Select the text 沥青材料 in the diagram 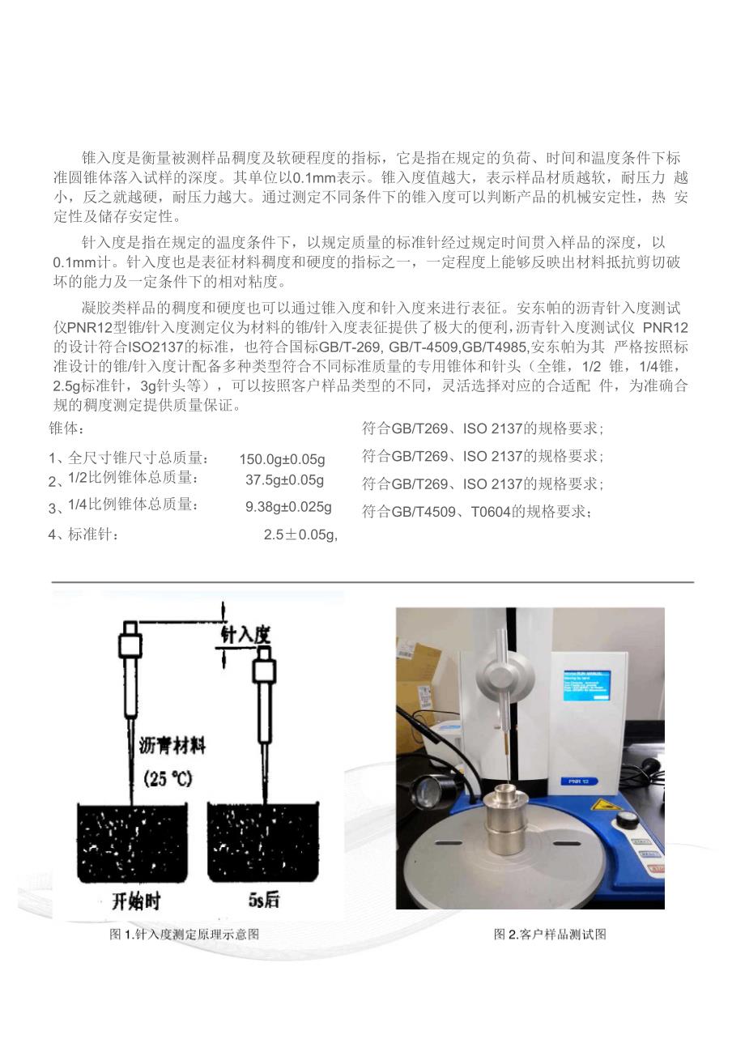(172, 746)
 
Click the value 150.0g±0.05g (283, 459)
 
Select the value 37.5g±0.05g (285, 480)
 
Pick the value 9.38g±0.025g (288, 507)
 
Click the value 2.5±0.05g (300, 535)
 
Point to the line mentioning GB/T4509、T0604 (476, 512)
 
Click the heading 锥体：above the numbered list (66, 428)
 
